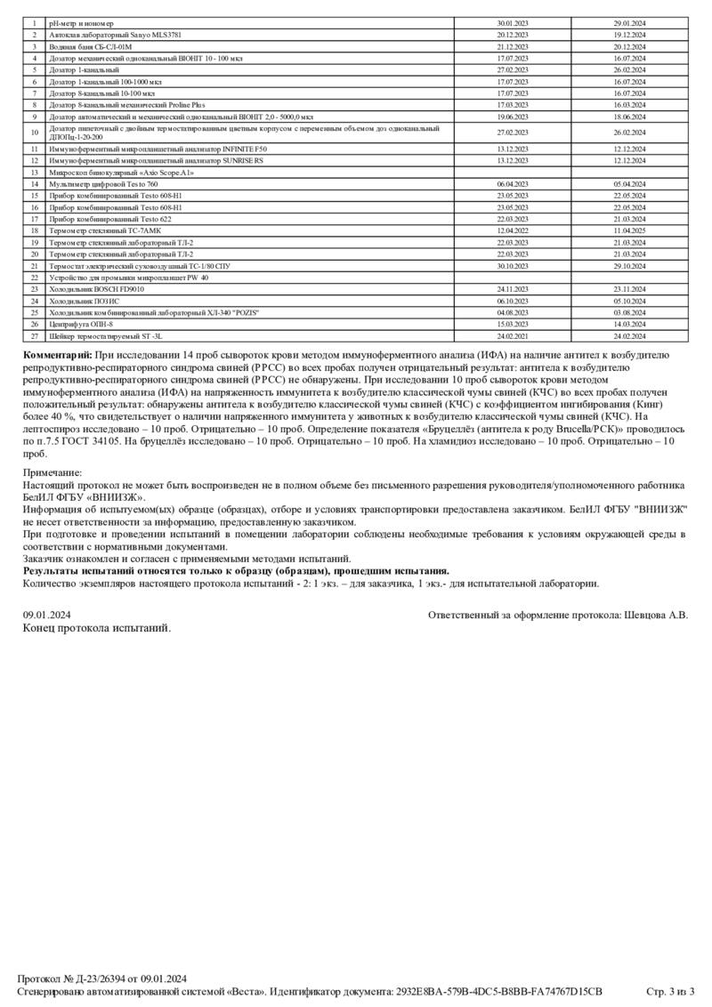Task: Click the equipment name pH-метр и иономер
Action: tap(81, 21)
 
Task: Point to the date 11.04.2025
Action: tap(629, 230)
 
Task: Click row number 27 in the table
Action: tap(34, 337)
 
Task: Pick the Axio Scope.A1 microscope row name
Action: tap(120, 172)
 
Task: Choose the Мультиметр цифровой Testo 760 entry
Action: tap(103, 183)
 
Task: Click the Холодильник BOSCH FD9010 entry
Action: tap(96, 289)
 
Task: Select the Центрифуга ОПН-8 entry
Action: tap(80, 325)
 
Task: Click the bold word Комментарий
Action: tap(57, 354)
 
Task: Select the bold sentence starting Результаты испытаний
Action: tap(236, 571)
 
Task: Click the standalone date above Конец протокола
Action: tap(47, 615)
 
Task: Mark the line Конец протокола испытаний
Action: tap(96, 628)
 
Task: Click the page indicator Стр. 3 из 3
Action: tap(669, 991)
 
